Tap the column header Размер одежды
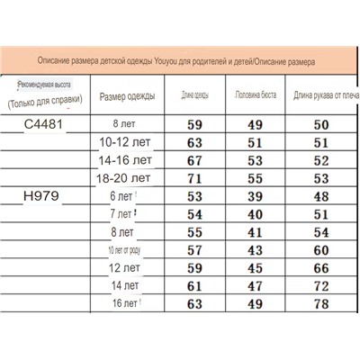(x=127, y=95)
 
